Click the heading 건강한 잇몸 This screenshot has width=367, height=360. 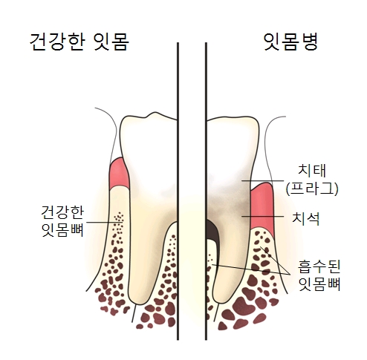tap(79, 42)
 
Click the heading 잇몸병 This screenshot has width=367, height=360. tap(290, 42)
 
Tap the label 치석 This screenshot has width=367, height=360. tap(306, 219)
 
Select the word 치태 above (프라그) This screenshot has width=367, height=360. tap(312, 171)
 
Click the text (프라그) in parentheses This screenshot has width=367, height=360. tap(312, 189)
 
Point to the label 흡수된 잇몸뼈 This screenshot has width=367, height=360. tap(319, 275)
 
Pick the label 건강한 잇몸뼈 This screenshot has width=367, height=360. tap(62, 221)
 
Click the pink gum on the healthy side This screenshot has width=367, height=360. tap(120, 173)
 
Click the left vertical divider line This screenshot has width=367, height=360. tap(178, 191)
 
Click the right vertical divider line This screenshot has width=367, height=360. tap(206, 191)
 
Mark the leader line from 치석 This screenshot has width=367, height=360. tap(263, 216)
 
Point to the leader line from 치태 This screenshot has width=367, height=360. tap(263, 180)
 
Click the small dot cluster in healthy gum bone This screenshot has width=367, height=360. tap(119, 219)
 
